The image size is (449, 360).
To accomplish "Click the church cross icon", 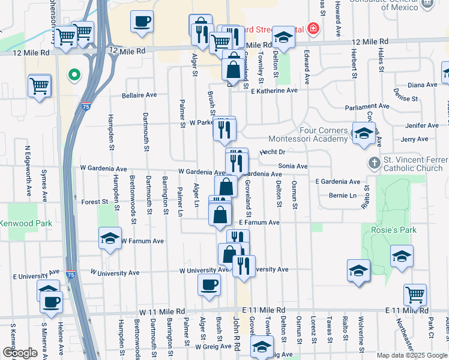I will click(374, 163).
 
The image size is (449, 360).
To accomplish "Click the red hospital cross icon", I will click(312, 28).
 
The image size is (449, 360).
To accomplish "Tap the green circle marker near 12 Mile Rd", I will click(74, 75).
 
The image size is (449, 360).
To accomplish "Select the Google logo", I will click(20, 352).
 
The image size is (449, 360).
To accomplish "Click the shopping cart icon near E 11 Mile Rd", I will click(415, 294).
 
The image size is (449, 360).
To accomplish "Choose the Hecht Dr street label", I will click(272, 152).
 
